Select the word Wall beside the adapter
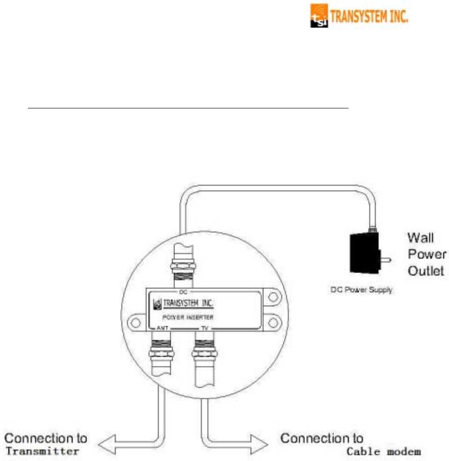tap(420, 239)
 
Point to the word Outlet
tap(427, 271)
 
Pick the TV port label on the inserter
tap(204, 328)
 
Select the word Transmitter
tap(42, 451)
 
